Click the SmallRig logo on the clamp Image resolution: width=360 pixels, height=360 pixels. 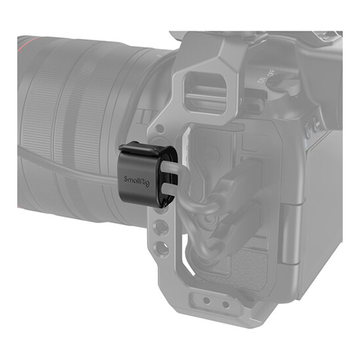[137, 181]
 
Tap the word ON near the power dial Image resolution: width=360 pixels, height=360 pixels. [261, 79]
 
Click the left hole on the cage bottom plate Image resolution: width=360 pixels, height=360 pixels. [207, 300]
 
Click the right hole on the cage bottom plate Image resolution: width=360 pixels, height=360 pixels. [226, 305]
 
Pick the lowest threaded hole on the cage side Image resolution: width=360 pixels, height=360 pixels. [161, 246]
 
